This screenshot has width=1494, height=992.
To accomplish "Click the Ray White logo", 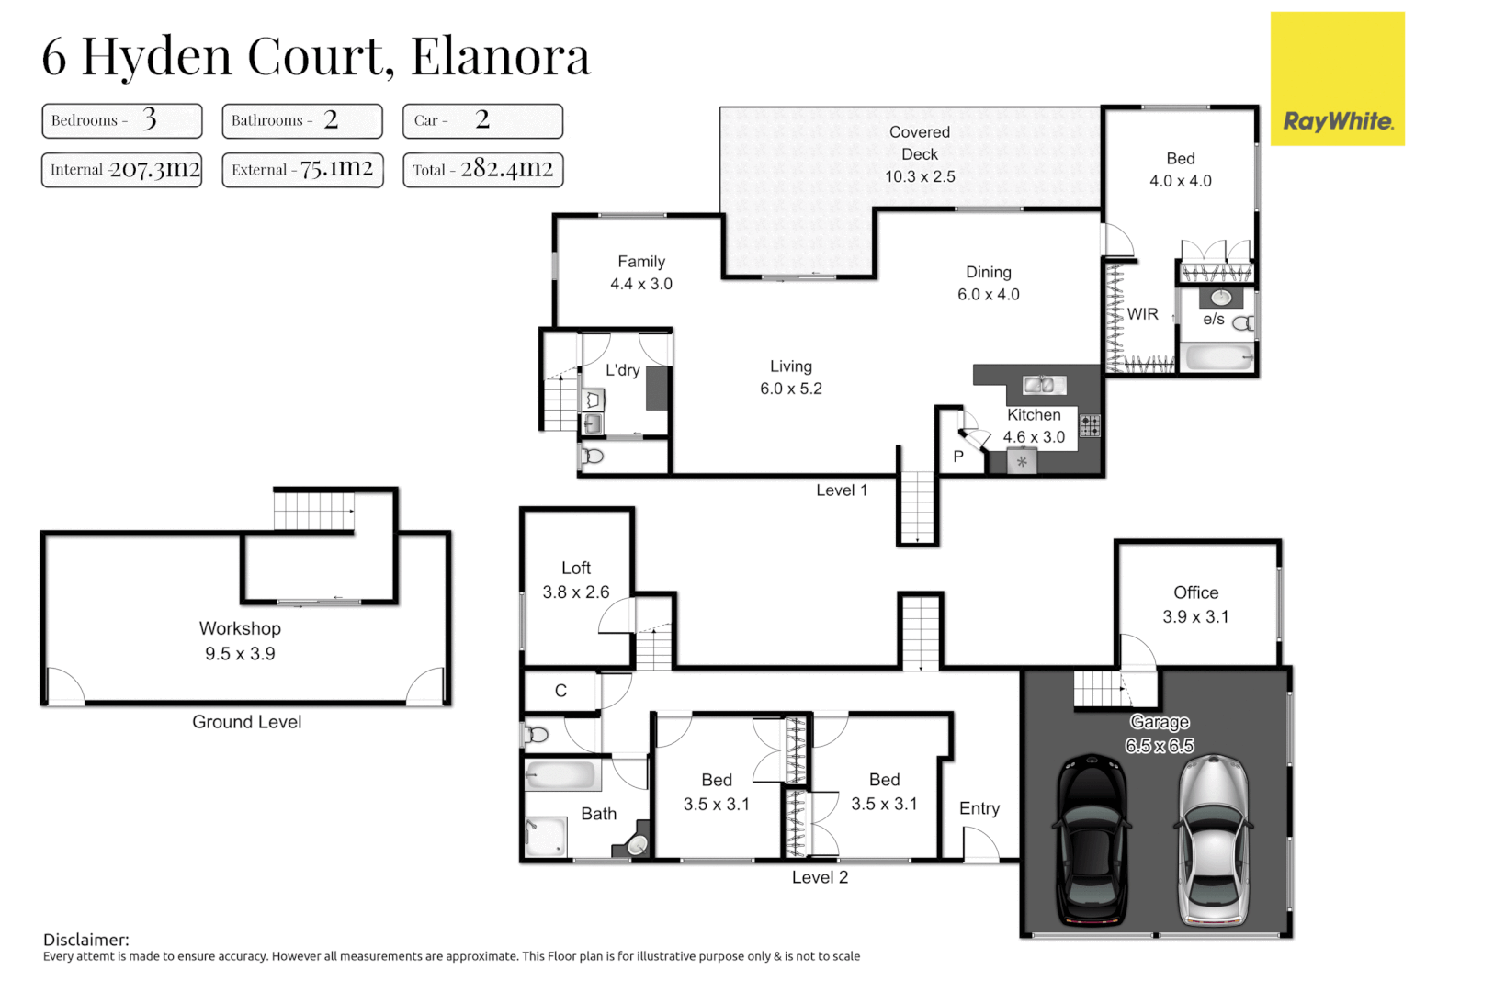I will (1337, 120).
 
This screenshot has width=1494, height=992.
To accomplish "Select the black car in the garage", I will (1092, 840).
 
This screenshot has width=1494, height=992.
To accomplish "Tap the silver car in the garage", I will (1213, 840).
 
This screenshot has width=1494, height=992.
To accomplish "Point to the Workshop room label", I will (240, 628).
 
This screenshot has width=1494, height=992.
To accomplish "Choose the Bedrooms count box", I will (121, 120).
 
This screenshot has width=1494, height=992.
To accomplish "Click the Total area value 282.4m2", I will (506, 169).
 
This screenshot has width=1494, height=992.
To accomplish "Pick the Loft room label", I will (576, 568).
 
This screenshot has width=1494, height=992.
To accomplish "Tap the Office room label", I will (1195, 592).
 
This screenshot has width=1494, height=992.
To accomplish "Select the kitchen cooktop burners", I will (1090, 425).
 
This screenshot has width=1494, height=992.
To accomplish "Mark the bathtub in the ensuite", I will (1218, 356).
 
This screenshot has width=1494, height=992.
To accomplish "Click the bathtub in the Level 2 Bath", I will (560, 775).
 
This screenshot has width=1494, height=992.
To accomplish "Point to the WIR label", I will (1142, 314).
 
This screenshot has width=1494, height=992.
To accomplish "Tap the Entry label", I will (979, 808).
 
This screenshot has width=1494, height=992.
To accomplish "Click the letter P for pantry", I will (958, 457).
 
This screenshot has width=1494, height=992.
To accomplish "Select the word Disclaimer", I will (85, 940).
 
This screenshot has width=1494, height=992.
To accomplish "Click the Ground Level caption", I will (246, 722).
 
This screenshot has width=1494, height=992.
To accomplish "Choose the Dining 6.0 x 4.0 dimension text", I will (988, 295).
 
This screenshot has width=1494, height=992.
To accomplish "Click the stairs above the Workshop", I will (314, 511).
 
